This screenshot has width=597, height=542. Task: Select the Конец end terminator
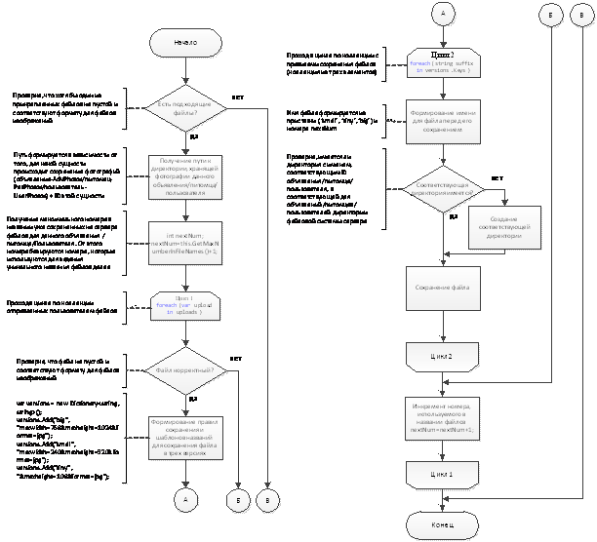pos(442,524)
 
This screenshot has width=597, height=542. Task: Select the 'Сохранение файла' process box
pos(442,289)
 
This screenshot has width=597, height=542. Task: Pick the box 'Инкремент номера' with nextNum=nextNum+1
pos(442,413)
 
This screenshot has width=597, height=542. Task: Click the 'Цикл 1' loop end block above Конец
pos(442,474)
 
